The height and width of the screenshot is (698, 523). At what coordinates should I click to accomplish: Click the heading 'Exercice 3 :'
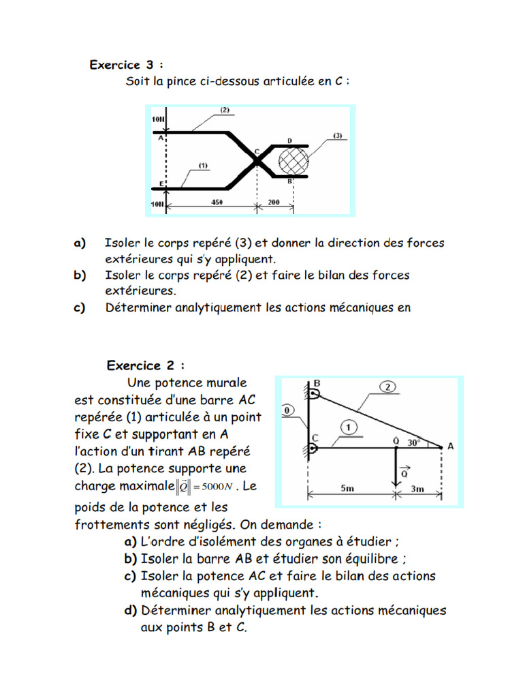pyautogui.click(x=127, y=65)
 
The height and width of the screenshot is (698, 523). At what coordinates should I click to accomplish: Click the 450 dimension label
pyautogui.click(x=217, y=202)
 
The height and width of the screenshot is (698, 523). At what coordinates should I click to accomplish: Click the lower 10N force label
pyautogui.click(x=157, y=203)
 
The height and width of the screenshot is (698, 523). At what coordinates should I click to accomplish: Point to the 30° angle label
pyautogui.click(x=414, y=442)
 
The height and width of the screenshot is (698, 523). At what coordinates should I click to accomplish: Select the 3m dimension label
pyautogui.click(x=418, y=488)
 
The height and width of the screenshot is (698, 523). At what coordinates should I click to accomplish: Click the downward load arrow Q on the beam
pyautogui.click(x=396, y=467)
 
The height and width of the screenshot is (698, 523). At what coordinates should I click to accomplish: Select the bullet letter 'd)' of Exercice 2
pyautogui.click(x=130, y=610)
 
